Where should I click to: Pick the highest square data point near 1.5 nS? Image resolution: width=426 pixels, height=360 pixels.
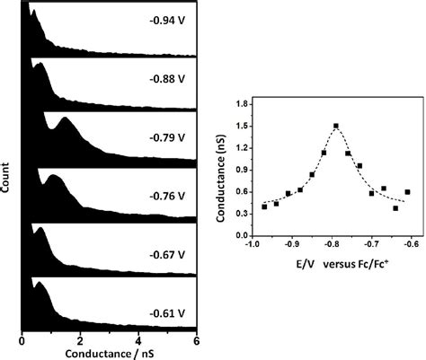[335, 127]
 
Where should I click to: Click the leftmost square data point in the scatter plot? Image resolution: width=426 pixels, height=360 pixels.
[264, 206]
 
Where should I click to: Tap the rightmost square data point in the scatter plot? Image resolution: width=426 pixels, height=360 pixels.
[408, 192]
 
